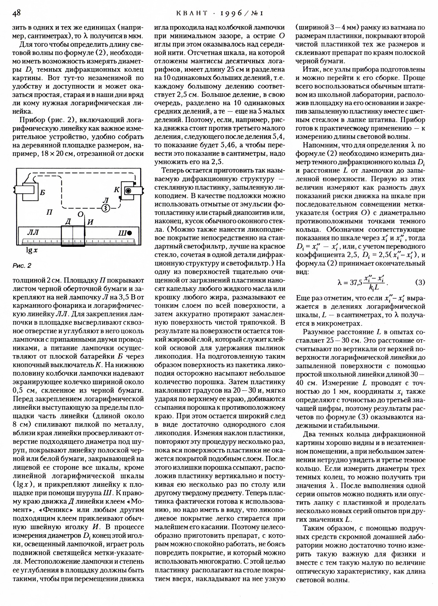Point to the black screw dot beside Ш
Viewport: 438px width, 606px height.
129,233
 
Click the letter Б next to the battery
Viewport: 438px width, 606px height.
42,192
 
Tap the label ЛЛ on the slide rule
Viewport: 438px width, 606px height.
33,233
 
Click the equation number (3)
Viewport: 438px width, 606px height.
420,282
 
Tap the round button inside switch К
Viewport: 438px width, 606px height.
128,190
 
